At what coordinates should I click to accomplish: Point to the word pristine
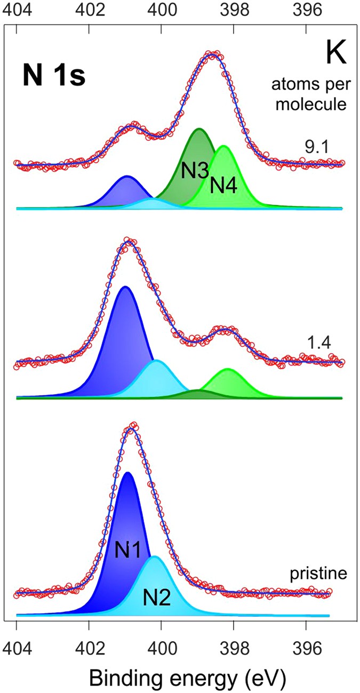(318, 575)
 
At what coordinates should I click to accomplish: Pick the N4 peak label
(224, 185)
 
